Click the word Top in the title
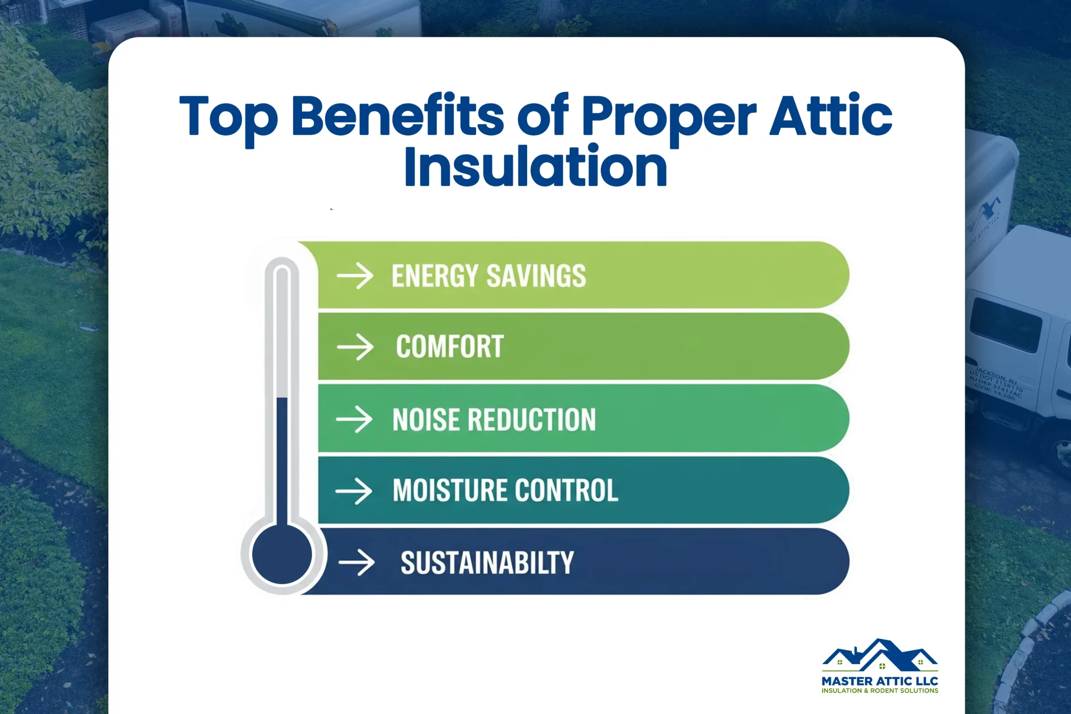[x=228, y=117]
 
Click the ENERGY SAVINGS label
[x=489, y=276]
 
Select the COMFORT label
[x=449, y=346]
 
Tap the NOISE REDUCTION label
[x=494, y=420]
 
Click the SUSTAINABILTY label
[x=487, y=563]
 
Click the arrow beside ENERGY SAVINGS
[x=355, y=276]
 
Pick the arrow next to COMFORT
[x=355, y=347]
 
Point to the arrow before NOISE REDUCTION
[x=354, y=419]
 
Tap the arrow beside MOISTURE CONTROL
[x=354, y=491]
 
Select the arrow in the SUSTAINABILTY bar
[x=356, y=562]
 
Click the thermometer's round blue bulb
[x=282, y=554]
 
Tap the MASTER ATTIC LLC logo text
[x=879, y=681]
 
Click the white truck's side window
[x=1005, y=325]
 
